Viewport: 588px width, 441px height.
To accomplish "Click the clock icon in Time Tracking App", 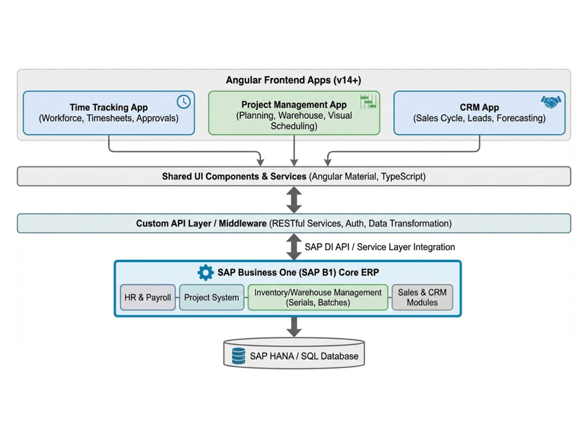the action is pyautogui.click(x=183, y=102).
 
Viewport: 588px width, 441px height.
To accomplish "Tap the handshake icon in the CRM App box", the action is pyautogui.click(x=551, y=102).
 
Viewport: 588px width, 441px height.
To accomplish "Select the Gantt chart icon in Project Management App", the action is pyautogui.click(x=368, y=102).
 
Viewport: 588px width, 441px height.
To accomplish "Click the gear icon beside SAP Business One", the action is pyautogui.click(x=205, y=273).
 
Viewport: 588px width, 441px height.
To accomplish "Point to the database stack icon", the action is pyautogui.click(x=239, y=356).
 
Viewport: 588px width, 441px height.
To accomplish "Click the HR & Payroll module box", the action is pyautogui.click(x=148, y=298).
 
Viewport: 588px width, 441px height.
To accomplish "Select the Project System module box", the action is pyautogui.click(x=212, y=298).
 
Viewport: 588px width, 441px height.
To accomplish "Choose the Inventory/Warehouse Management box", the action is pyautogui.click(x=318, y=298).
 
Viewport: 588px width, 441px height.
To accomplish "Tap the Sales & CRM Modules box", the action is pyautogui.click(x=422, y=298).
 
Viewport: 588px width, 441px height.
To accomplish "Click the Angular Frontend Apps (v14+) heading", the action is pyautogui.click(x=293, y=80).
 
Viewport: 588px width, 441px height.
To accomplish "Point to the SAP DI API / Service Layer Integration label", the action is pyautogui.click(x=379, y=247).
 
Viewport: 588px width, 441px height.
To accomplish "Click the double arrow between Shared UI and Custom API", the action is pyautogui.click(x=294, y=200).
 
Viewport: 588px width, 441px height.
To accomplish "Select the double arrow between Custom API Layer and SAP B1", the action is pyautogui.click(x=294, y=247).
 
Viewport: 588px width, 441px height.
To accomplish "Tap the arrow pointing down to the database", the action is pyautogui.click(x=294, y=327).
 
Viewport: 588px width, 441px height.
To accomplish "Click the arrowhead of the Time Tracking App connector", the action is pyautogui.click(x=260, y=162).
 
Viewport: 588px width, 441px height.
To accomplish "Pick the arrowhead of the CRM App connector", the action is pyautogui.click(x=328, y=162).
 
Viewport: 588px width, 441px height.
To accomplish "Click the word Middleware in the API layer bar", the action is pyautogui.click(x=243, y=223).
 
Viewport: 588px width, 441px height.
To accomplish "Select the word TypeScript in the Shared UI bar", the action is pyautogui.click(x=402, y=176).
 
